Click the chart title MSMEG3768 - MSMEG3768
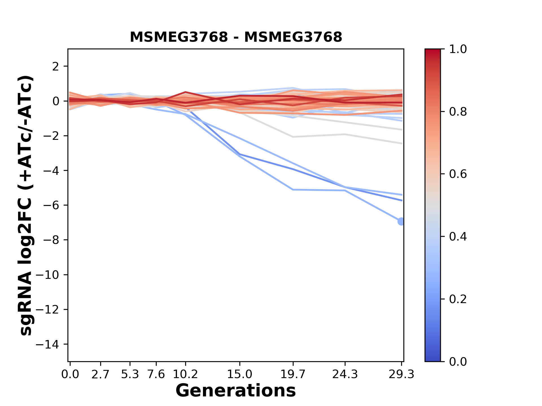[236, 37]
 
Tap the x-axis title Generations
[236, 391]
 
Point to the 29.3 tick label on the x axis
[401, 374]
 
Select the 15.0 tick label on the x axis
[240, 374]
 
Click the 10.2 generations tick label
[185, 374]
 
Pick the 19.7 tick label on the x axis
[293, 374]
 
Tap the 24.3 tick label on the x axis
[345, 374]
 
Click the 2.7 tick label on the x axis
[100, 374]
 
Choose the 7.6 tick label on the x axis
[156, 374]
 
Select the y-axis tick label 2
[56, 67]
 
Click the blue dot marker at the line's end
[401, 221]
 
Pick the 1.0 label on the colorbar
[458, 49]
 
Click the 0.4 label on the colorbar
[458, 237]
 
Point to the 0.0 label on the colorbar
[458, 361]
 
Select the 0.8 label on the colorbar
[458, 112]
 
